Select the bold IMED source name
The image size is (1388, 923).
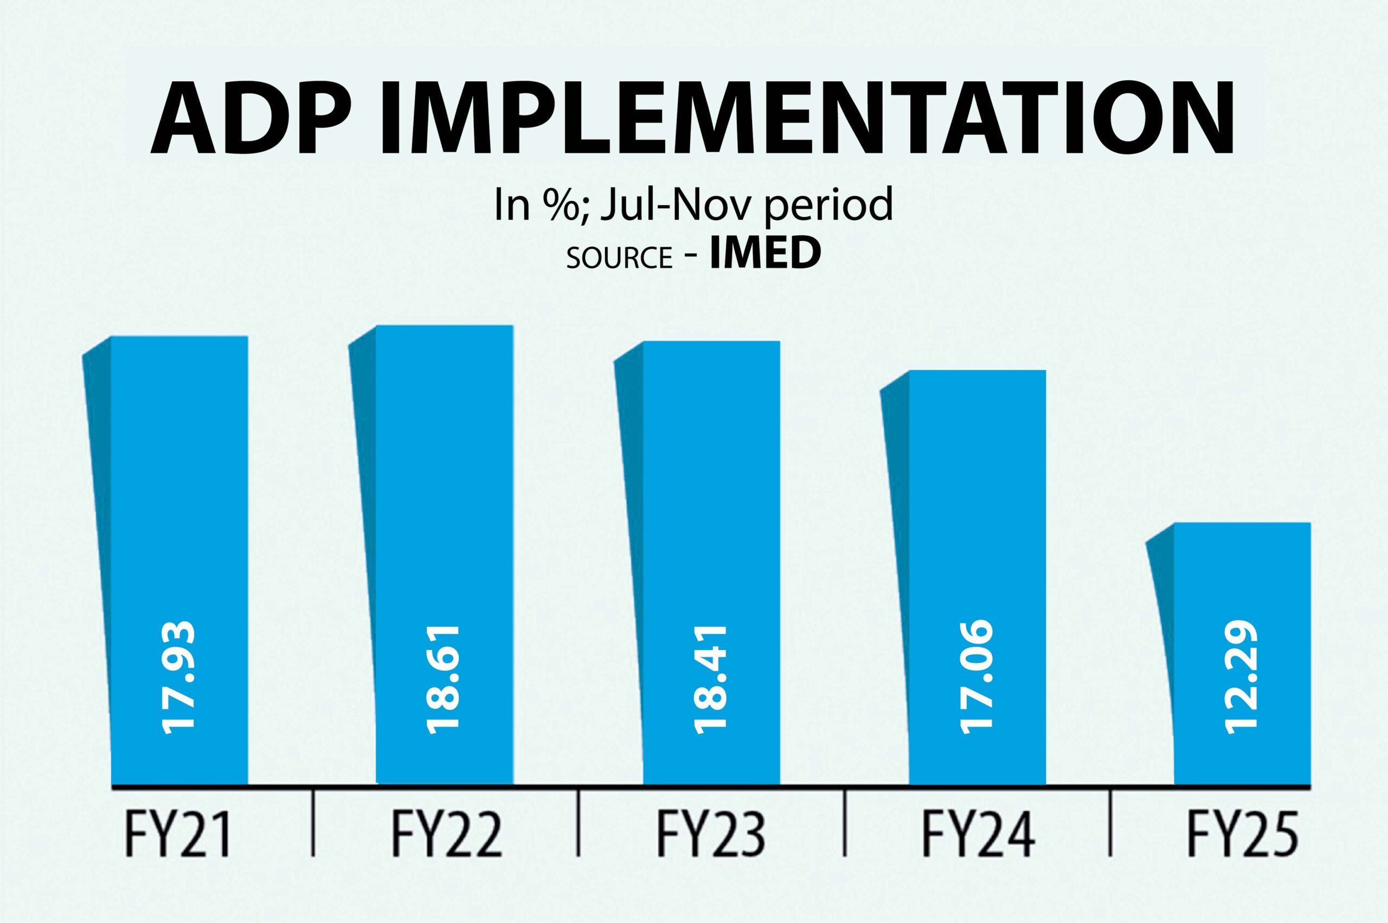[764, 254]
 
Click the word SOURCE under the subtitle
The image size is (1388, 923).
[619, 258]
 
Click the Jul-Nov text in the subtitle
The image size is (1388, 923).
[678, 205]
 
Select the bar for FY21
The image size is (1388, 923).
[179, 530]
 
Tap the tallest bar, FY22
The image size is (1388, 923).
[444, 530]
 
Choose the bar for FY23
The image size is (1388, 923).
[711, 530]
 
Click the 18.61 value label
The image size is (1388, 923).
[443, 679]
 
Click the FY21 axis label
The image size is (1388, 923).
[178, 835]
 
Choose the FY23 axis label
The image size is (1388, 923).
[711, 835]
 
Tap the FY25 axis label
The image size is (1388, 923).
[1242, 835]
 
